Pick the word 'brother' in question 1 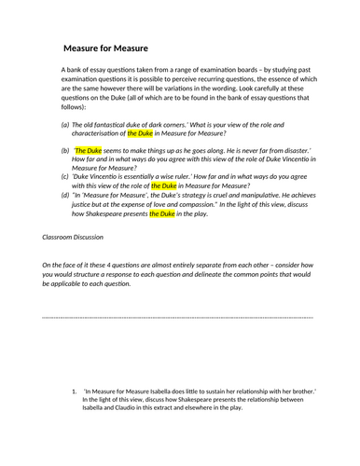[303, 391]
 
